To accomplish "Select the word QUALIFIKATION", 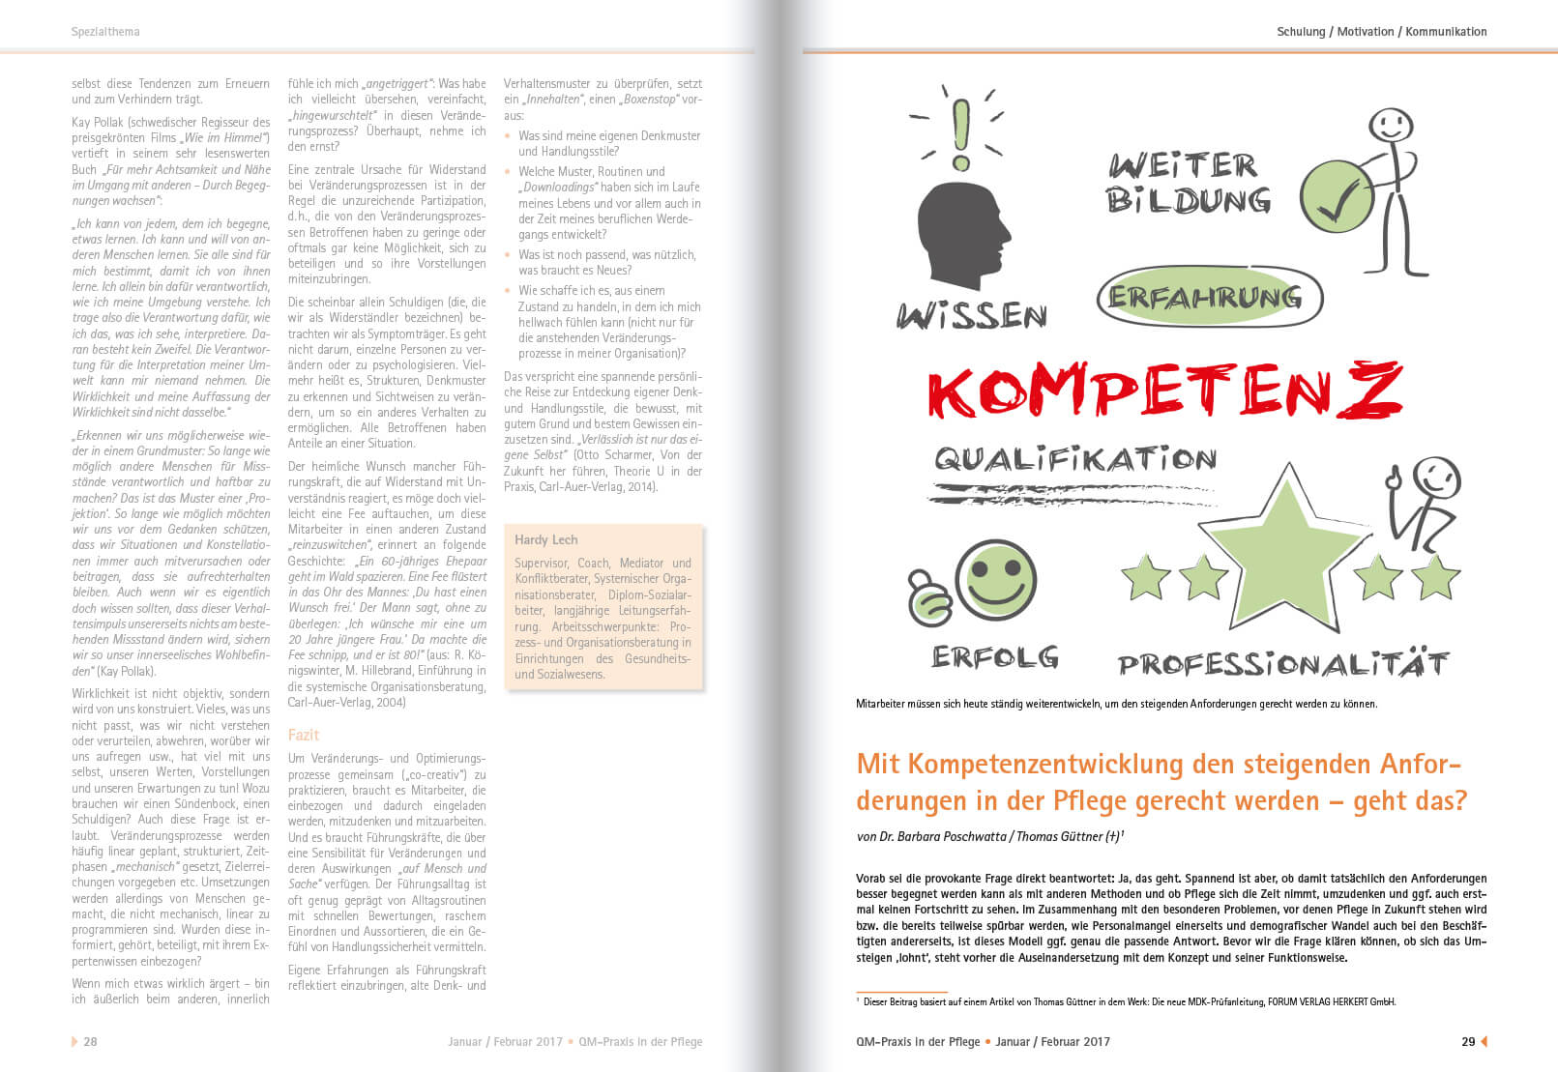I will click(1074, 458).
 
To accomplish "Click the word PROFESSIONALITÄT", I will click(1282, 664).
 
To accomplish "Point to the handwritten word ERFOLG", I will click(994, 657).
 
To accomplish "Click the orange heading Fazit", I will click(303, 735).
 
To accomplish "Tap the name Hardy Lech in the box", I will click(545, 539).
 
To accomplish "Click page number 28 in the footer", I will click(90, 1042).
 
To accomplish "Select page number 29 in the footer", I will click(1468, 1042).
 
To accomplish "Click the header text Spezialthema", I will click(105, 32).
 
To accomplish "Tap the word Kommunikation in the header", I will click(1446, 32).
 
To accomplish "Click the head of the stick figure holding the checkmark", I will click(1391, 127).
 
